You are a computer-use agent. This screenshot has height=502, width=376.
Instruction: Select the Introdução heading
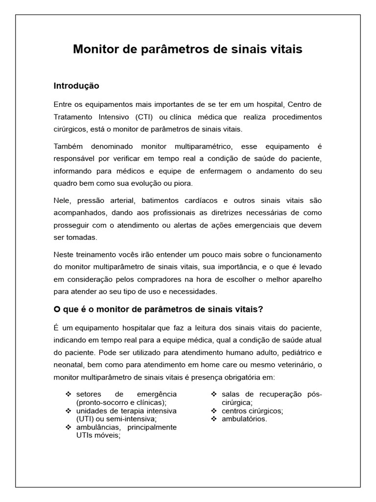pos(76,86)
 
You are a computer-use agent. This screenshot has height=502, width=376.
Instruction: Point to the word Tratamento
pos(74,117)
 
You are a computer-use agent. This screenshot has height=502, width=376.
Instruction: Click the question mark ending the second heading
pos(261,309)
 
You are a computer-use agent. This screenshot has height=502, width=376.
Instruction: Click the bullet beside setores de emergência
pos(68,394)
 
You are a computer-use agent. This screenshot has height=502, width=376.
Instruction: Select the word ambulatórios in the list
pos(244,419)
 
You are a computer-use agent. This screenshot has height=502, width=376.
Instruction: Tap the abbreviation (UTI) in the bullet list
pos(87,419)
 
